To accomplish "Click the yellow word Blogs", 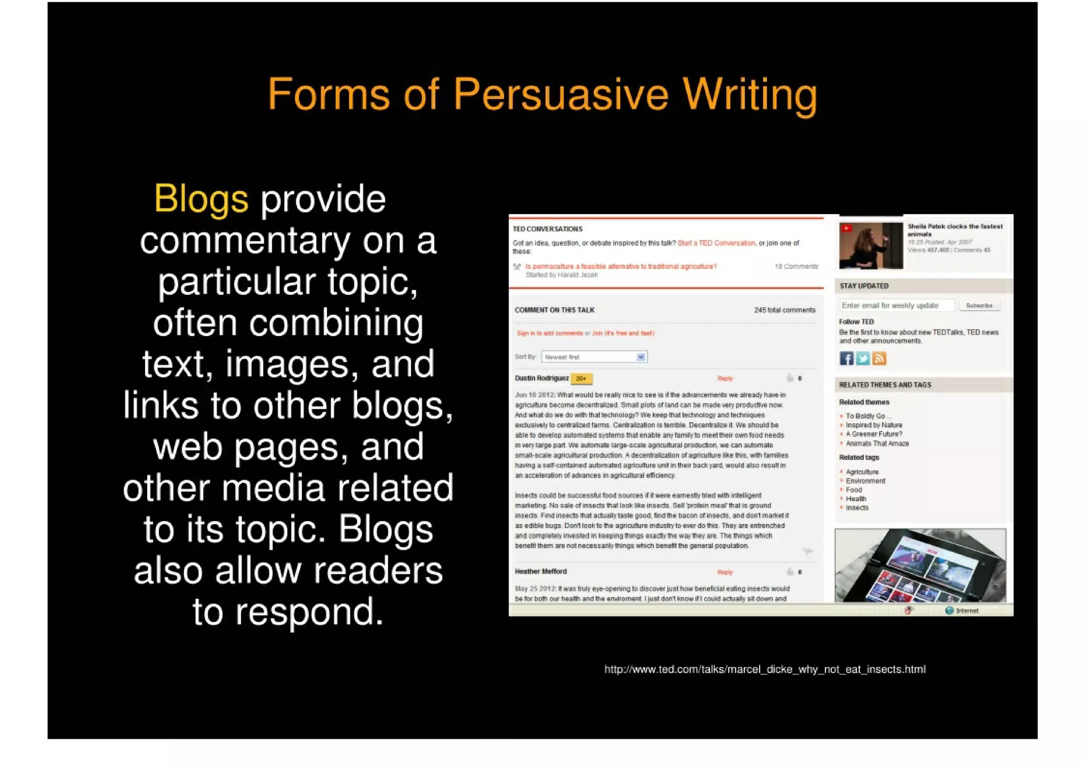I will (x=201, y=199).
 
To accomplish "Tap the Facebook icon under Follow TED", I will (x=846, y=359).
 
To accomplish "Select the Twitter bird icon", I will (x=862, y=359).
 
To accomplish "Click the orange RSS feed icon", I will (x=879, y=359).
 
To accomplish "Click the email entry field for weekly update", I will (x=896, y=305).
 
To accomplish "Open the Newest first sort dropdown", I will (x=594, y=357).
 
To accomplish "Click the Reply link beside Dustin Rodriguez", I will (x=725, y=378).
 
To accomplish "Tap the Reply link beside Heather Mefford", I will (x=725, y=572).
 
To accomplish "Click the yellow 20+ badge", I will (x=581, y=378).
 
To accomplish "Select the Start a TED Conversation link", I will (x=716, y=243).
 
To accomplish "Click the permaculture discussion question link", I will (x=621, y=267).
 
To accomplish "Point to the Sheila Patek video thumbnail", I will (x=870, y=245).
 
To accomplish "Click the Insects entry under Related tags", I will (x=857, y=508).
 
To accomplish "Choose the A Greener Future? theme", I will (x=874, y=434).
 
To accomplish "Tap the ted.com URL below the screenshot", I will (x=765, y=669).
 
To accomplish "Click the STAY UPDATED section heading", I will (x=864, y=286).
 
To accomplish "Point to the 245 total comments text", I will (x=785, y=310).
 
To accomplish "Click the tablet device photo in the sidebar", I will (x=920, y=565).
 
